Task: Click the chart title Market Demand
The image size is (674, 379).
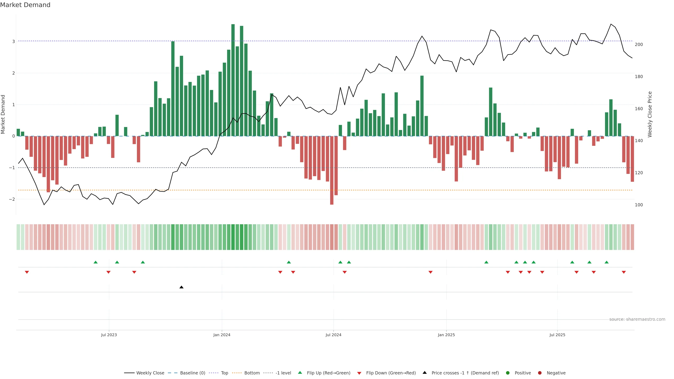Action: point(25,5)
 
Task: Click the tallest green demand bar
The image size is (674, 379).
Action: point(233,78)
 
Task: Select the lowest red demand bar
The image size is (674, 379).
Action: point(332,170)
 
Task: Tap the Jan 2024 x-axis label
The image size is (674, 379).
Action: point(222,335)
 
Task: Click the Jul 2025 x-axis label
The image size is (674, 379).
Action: point(557,335)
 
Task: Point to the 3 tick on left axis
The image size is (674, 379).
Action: point(13,41)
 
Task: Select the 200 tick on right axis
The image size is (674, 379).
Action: point(639,44)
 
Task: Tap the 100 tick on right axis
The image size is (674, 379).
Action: point(639,205)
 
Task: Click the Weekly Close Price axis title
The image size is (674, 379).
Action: point(650,114)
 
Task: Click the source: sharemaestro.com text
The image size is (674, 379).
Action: point(637,319)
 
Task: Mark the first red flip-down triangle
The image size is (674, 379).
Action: point(27,272)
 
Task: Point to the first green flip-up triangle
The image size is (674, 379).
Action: point(95,262)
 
